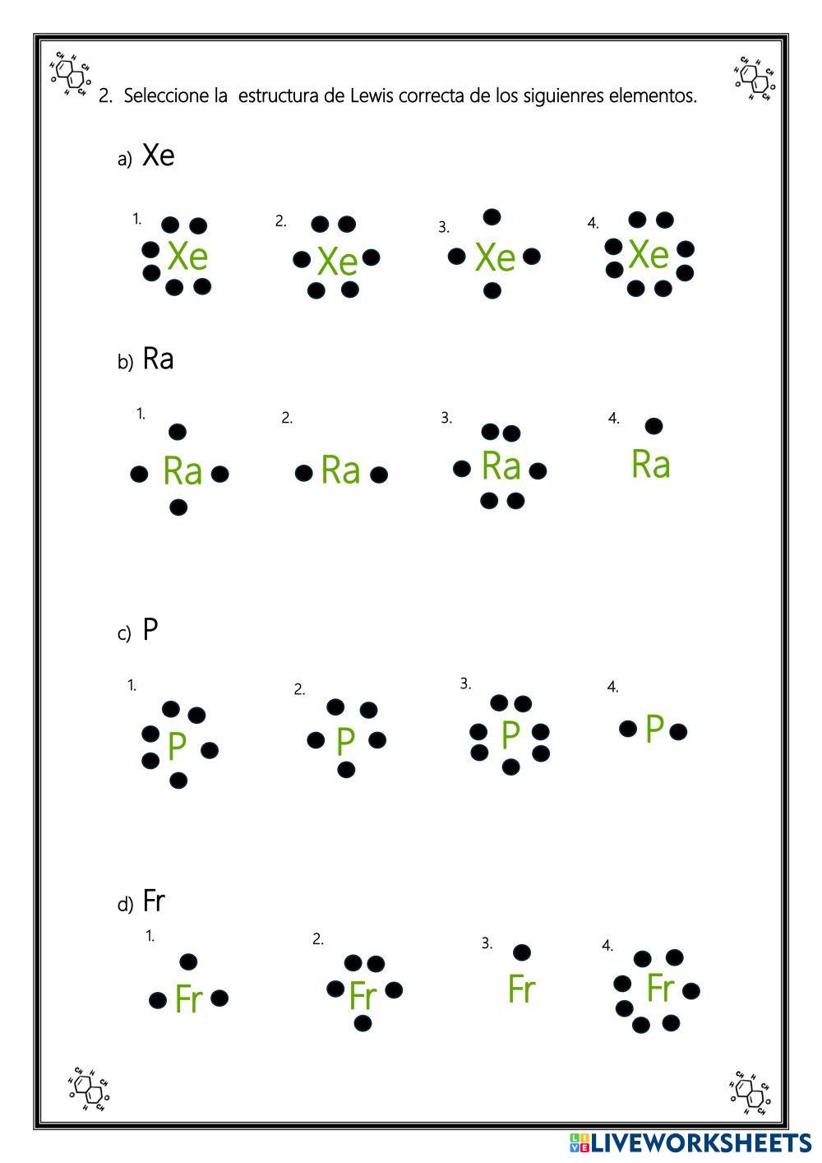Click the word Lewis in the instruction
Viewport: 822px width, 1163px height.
pyautogui.click(x=372, y=96)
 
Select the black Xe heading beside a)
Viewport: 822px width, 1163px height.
pyautogui.click(x=158, y=155)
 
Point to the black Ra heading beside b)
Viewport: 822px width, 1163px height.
pyautogui.click(x=158, y=359)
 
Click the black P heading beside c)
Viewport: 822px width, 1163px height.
pyautogui.click(x=150, y=630)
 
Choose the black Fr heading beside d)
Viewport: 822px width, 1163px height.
pyautogui.click(x=154, y=901)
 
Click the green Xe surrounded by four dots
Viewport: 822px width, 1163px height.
pyautogui.click(x=495, y=257)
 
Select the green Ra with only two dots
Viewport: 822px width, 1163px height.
pyautogui.click(x=340, y=470)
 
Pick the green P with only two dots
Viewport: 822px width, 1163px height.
pyautogui.click(x=654, y=729)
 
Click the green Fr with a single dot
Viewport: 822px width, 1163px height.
pyautogui.click(x=521, y=989)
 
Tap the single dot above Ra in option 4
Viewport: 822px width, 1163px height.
pyautogui.click(x=653, y=426)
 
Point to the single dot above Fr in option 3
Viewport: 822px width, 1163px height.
pyautogui.click(x=521, y=952)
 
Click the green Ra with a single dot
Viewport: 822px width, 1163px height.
pyautogui.click(x=650, y=465)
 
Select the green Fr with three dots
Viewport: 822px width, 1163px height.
pyautogui.click(x=188, y=999)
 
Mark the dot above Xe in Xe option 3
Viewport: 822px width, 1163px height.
pyautogui.click(x=492, y=217)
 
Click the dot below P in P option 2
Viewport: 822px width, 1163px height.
pyautogui.click(x=346, y=770)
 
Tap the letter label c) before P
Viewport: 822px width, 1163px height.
pyautogui.click(x=124, y=634)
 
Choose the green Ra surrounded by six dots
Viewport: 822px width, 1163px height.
pyautogui.click(x=501, y=466)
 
